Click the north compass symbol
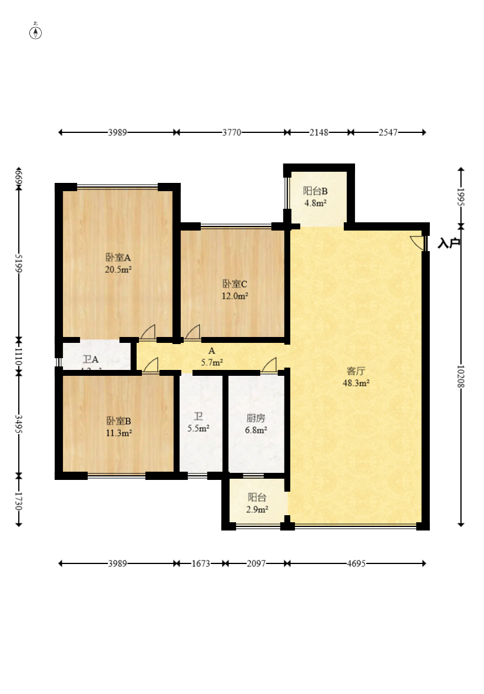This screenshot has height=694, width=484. [x=35, y=32]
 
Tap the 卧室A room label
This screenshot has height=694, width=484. [x=118, y=258]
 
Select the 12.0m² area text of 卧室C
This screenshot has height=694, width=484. [x=234, y=296]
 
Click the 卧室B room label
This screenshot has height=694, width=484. [x=118, y=421]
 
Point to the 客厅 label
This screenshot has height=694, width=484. [x=356, y=371]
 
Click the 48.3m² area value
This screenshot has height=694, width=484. [x=356, y=383]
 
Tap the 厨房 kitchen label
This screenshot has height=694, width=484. [x=256, y=418]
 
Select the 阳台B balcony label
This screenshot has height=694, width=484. [x=315, y=191]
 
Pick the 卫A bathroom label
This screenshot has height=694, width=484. [x=91, y=359]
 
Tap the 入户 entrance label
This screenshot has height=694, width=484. [x=449, y=243]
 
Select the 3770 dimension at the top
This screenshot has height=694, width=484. [x=231, y=132]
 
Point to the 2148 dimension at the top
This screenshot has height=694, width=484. [x=319, y=132]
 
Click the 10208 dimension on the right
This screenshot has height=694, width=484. [x=461, y=376]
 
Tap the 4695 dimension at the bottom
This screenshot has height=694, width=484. [x=356, y=563]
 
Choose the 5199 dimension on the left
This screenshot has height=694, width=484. [x=19, y=262]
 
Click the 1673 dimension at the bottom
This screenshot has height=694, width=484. [x=201, y=563]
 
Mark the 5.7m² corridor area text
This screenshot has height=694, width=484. [x=211, y=362]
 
